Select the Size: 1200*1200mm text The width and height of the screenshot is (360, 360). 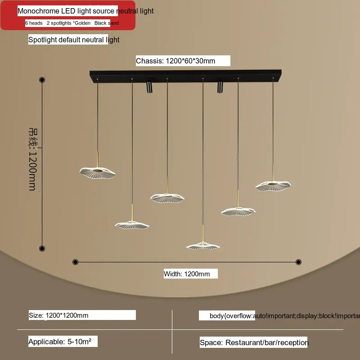pos(59,315)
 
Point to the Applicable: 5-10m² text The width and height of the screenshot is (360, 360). pos(60,342)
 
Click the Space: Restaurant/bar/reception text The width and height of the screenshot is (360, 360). pos(254,342)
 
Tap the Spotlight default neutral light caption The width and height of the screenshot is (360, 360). pos(74,40)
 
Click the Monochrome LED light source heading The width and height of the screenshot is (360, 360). pos(85,11)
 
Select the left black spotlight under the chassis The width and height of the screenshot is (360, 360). pos(149,86)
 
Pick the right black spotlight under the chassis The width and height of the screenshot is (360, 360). pos(220,86)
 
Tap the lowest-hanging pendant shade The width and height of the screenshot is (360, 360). pos(203,246)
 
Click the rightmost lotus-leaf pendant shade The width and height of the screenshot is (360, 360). pos(273,184)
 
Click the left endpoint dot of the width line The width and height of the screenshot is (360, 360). pos(75,262)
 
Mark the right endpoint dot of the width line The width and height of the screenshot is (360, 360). pos(298,262)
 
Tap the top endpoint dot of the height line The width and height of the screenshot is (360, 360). pos(42,80)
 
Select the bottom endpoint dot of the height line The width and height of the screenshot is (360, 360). pos(42,248)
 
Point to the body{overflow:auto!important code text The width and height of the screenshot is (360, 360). pos(279,315)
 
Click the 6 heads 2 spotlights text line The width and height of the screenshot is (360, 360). pos(72,23)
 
